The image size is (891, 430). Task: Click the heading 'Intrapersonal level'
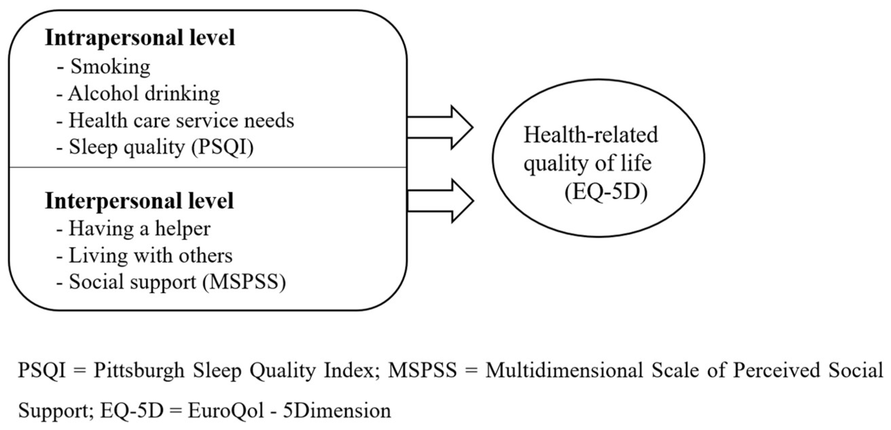tap(140, 38)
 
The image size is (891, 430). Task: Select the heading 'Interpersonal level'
tap(139, 201)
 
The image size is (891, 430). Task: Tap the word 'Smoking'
tap(110, 66)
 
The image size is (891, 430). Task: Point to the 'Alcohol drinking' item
tap(144, 94)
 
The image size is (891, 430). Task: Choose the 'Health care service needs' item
tap(181, 120)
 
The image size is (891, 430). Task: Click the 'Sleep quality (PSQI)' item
tap(161, 147)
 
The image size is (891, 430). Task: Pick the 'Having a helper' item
tap(139, 229)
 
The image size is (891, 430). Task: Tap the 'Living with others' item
tap(150, 255)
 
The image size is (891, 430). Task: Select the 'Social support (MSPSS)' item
tap(177, 282)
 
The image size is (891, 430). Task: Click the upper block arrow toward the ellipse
tap(440, 128)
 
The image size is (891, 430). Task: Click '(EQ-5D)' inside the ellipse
tap(606, 193)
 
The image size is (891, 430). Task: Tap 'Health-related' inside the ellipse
tap(591, 135)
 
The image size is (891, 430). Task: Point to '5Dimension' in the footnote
tap(337, 411)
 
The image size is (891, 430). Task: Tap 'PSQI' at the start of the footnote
tap(42, 370)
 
